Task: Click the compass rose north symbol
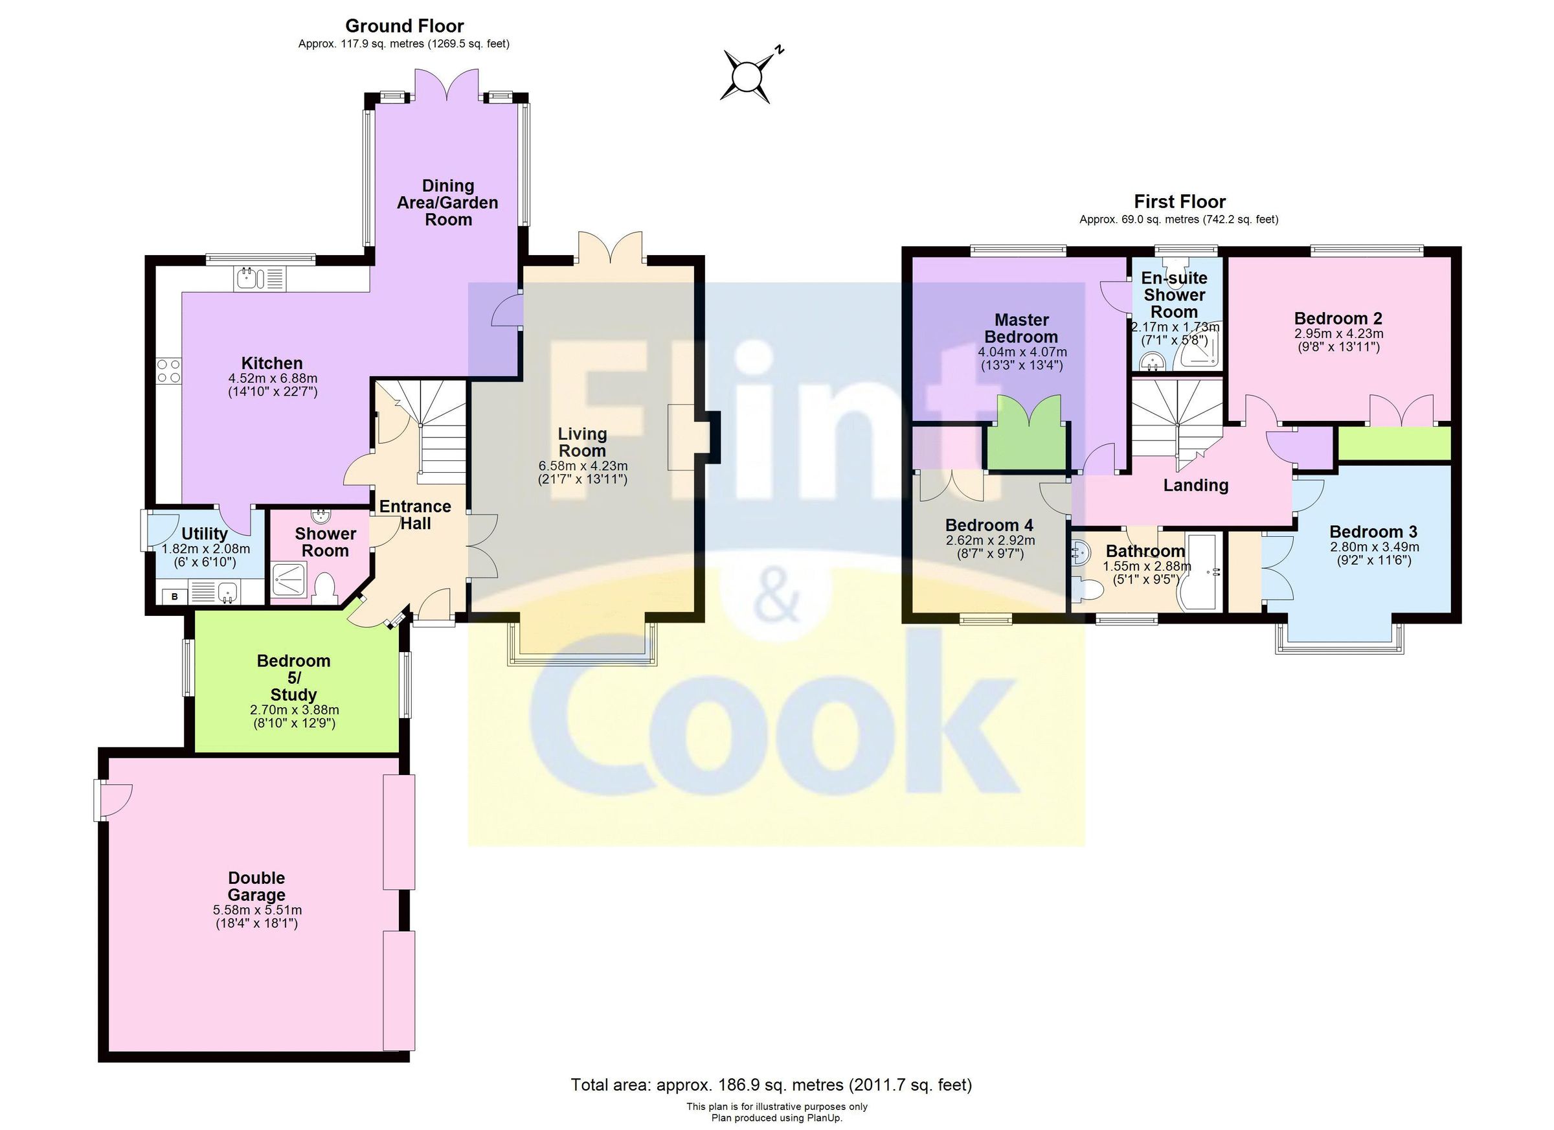click(x=746, y=74)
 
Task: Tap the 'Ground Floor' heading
click(x=404, y=26)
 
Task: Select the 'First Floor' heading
click(x=1179, y=201)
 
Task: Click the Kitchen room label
click(x=272, y=363)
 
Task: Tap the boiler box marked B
click(x=175, y=596)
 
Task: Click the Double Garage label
click(x=256, y=886)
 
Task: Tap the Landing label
click(x=1196, y=486)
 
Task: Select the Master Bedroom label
click(x=1022, y=328)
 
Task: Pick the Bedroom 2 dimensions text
click(x=1338, y=341)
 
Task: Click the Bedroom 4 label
click(x=989, y=525)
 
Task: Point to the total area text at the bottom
click(x=772, y=1085)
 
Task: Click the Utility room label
click(x=204, y=533)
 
